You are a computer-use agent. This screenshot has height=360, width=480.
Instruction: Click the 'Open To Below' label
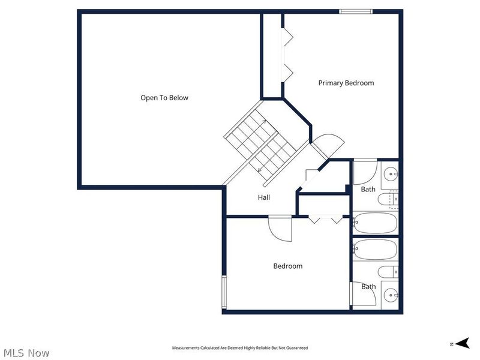164,98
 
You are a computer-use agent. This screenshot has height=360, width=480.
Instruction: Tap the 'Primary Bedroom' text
346,83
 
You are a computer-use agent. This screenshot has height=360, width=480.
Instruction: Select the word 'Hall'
264,197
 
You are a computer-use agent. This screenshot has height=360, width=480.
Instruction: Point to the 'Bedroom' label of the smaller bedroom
288,266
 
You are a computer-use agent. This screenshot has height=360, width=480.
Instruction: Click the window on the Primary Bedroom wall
356,11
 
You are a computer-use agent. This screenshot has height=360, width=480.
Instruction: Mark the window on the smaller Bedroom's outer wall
224,292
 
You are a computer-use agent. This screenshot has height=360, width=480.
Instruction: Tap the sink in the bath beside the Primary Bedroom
391,174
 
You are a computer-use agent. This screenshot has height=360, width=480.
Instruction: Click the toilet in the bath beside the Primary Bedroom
388,200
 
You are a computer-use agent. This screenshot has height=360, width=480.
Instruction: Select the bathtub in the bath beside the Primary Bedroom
375,223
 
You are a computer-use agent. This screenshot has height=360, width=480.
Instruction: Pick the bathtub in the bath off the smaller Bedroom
375,250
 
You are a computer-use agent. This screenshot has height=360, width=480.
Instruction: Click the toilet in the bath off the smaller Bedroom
388,272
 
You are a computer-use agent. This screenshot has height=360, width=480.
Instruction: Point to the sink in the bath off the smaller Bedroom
391,295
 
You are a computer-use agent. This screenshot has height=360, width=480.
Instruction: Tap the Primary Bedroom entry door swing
328,146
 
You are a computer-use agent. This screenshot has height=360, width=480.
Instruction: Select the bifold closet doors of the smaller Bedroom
325,219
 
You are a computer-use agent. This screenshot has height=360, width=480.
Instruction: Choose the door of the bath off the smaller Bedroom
363,293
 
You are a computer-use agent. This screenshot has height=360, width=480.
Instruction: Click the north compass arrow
462,343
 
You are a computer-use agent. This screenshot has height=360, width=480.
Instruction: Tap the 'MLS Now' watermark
26,353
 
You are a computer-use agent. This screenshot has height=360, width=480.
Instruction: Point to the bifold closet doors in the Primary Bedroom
287,55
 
